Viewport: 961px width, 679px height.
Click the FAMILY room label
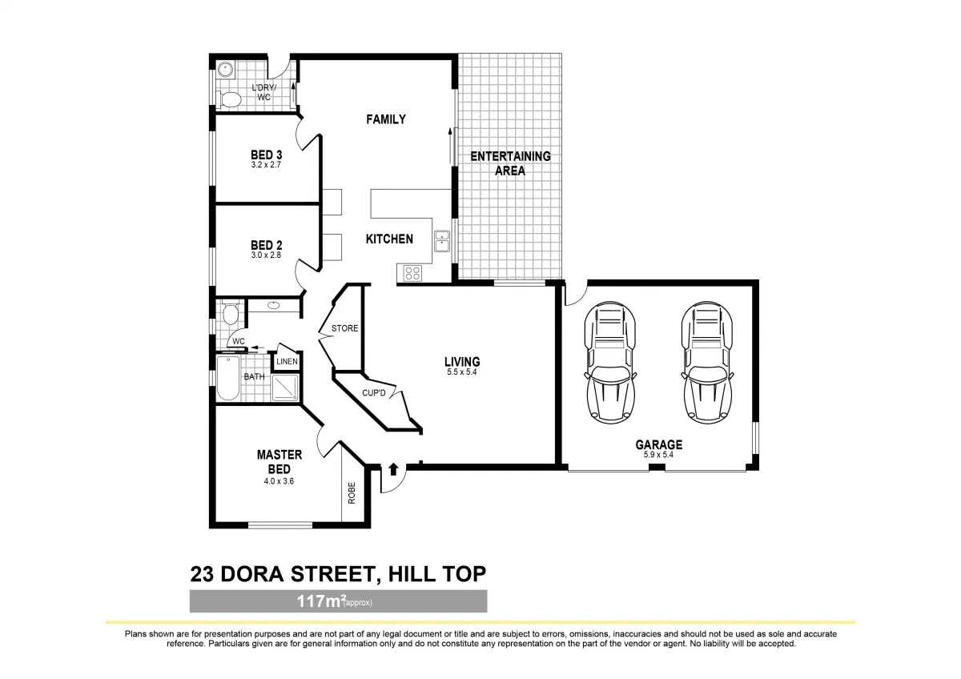[385, 119]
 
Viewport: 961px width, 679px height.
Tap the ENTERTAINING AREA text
[510, 163]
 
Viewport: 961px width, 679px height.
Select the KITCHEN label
[389, 239]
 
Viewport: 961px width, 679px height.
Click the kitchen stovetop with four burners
[412, 273]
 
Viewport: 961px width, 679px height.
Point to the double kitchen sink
[442, 240]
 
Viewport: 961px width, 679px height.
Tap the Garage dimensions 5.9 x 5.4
[659, 455]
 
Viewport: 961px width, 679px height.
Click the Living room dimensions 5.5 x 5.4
[462, 372]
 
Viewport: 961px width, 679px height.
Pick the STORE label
[344, 328]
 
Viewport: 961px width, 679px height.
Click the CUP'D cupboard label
[374, 393]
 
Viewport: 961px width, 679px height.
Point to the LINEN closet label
[287, 362]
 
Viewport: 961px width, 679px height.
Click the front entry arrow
[393, 468]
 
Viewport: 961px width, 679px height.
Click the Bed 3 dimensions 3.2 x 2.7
[266, 165]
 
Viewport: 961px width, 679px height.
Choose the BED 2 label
[266, 245]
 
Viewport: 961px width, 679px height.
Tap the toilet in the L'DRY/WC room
[231, 99]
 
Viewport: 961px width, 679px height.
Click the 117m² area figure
[318, 601]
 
